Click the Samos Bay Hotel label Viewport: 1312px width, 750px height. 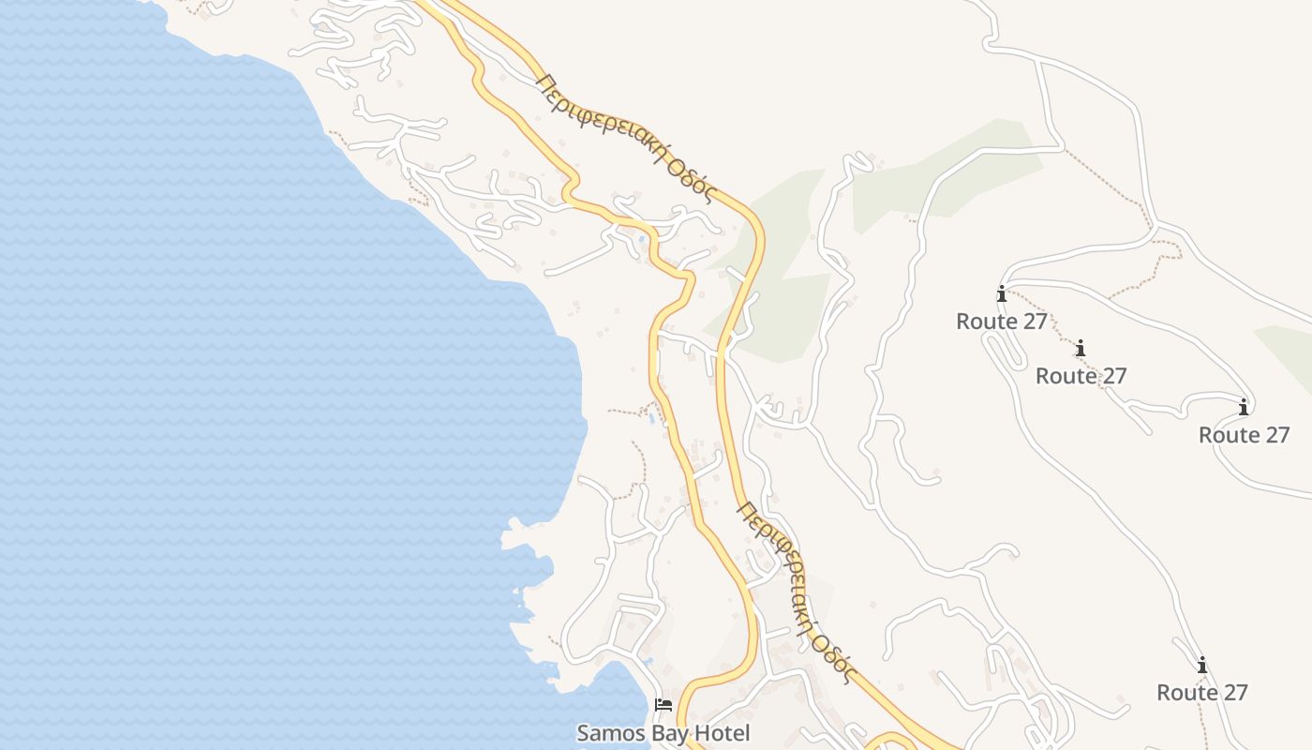click(663, 732)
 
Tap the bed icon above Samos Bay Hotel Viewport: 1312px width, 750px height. click(663, 704)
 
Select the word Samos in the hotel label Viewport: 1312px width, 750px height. click(606, 732)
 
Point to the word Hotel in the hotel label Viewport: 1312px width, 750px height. click(722, 732)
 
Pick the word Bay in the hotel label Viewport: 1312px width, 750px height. click(666, 732)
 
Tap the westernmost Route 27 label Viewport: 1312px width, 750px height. click(1001, 322)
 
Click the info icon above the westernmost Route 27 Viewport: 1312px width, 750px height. click(1001, 294)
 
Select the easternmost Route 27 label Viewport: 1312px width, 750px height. click(1244, 435)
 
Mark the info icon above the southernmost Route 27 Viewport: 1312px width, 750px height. click(1201, 666)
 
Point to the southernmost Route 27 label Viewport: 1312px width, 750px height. click(1201, 693)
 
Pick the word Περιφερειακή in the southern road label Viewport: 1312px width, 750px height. click(780, 562)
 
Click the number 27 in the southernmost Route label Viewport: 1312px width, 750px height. click(1233, 693)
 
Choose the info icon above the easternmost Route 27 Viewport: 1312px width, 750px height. click(1244, 408)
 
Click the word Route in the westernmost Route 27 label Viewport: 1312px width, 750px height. click(986, 322)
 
